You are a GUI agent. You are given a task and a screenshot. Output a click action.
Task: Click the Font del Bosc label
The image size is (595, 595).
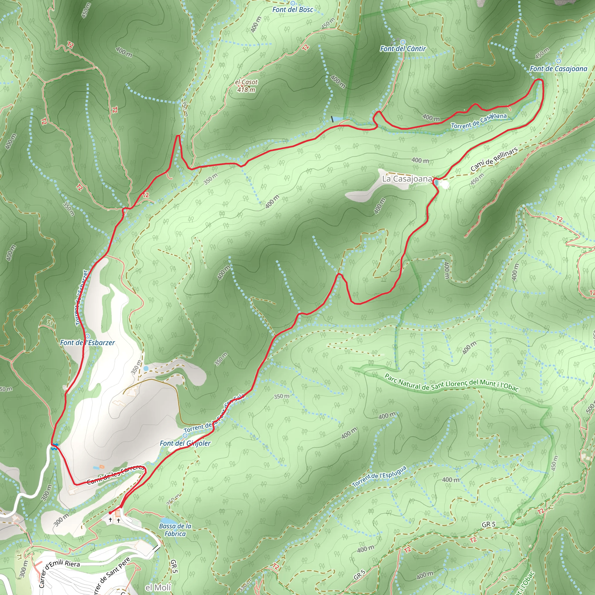pyautogui.click(x=293, y=10)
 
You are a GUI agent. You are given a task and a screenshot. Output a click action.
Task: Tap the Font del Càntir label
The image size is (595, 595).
pyautogui.click(x=403, y=49)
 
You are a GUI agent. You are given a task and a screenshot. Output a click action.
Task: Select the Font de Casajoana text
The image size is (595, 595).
pyautogui.click(x=558, y=69)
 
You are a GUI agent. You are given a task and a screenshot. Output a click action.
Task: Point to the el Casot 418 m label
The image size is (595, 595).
pyautogui.click(x=246, y=86)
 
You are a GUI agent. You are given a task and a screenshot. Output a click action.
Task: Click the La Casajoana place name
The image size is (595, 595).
pyautogui.click(x=407, y=179)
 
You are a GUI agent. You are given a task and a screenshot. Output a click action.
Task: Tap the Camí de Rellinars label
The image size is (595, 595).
pyautogui.click(x=494, y=159)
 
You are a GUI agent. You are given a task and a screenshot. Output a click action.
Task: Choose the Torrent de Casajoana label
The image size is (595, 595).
pyautogui.click(x=478, y=121)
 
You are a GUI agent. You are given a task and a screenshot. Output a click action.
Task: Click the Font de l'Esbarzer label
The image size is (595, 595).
pyautogui.click(x=87, y=343)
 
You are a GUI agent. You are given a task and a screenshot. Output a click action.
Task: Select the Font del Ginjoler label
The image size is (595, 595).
pyautogui.click(x=185, y=443)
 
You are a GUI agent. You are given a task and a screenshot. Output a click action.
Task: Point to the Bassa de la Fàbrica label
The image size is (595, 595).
pyautogui.click(x=175, y=530)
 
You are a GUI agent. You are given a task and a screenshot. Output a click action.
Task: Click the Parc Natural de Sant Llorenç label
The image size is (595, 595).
pyautogui.click(x=451, y=383)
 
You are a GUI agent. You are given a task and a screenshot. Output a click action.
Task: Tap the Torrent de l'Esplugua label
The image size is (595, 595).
pyautogui.click(x=379, y=476)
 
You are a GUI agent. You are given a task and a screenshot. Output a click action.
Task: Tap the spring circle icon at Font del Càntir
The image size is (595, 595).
pyautogui.click(x=403, y=42)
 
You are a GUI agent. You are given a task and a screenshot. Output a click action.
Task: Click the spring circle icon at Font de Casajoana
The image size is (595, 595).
pyautogui.click(x=559, y=61)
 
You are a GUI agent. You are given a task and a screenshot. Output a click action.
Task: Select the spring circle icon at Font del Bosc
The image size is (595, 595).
pyautogui.click(x=293, y=3)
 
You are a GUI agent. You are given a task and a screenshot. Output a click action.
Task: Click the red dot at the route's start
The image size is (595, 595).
pyautogui.click(x=110, y=513)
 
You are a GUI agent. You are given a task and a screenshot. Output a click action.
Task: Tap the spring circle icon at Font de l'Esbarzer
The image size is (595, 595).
pyautogui.click(x=87, y=336)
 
